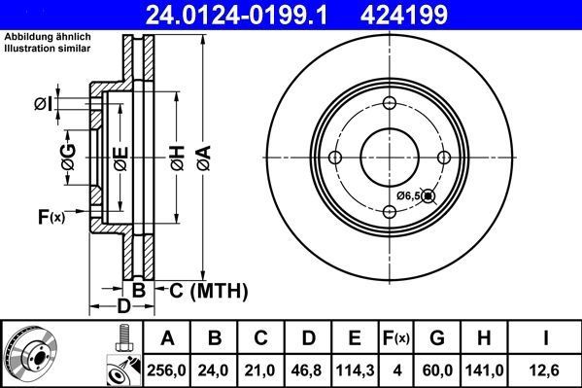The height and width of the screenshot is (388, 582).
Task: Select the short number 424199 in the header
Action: pos(448,16)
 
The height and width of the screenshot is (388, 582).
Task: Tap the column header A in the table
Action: pos(168,338)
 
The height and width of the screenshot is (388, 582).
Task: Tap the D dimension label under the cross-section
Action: pos(122,308)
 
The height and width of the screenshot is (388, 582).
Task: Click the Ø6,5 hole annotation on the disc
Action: pos(409,196)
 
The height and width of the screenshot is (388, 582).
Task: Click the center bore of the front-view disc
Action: pos(390,159)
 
